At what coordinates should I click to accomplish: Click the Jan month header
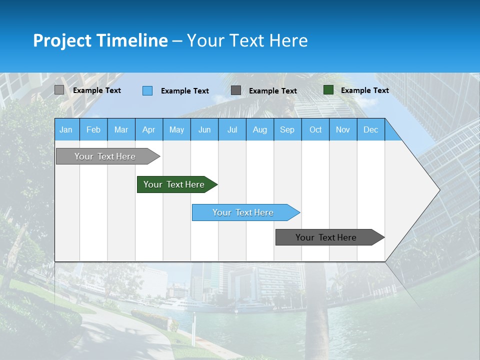tap(66, 129)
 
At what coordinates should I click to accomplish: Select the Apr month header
tap(148, 129)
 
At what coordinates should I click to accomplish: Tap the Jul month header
tap(232, 129)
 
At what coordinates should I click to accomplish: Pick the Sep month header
tap(287, 129)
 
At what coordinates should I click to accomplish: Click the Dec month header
tap(370, 129)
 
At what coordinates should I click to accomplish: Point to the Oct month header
tap(315, 129)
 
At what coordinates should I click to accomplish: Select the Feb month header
tap(93, 129)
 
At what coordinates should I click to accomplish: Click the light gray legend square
tap(59, 90)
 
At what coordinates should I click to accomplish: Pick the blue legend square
tap(147, 90)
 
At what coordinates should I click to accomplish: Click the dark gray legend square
tap(236, 90)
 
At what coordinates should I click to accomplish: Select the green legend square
tap(328, 90)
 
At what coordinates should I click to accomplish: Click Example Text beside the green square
tap(364, 90)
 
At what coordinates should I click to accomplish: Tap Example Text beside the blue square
tap(184, 91)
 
